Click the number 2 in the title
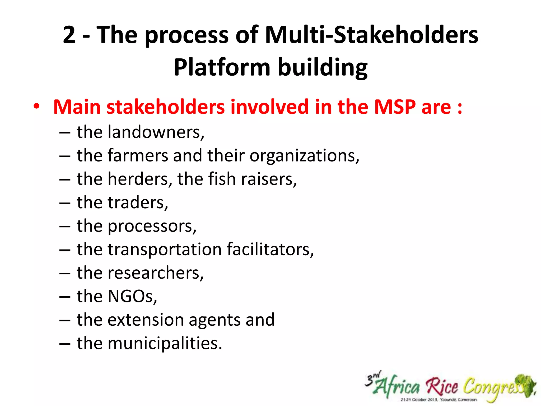point(69,35)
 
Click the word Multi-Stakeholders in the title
point(371,35)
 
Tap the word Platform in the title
point(222,67)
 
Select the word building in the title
point(323,67)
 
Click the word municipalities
point(164,343)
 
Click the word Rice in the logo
point(442,386)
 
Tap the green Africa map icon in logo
point(527,385)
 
